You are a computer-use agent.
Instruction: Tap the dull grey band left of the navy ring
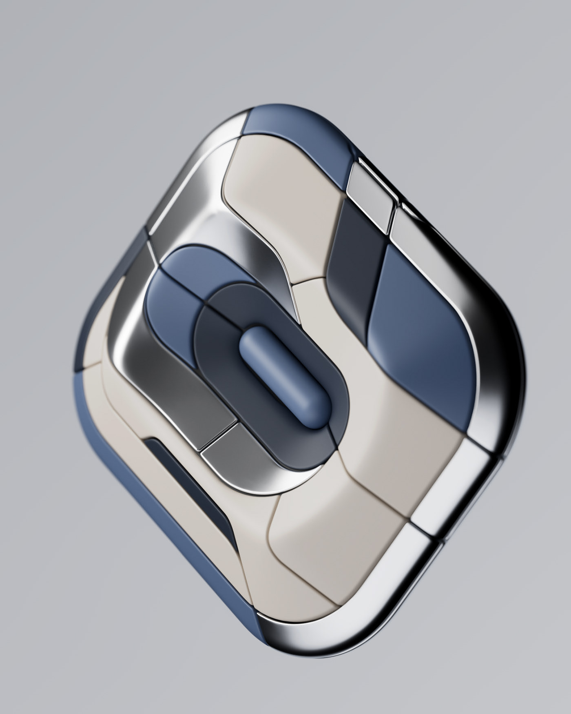(x=192, y=392)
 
